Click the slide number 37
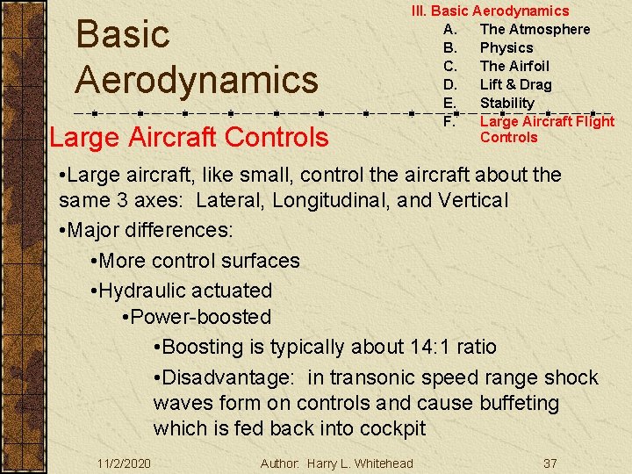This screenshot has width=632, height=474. [550, 463]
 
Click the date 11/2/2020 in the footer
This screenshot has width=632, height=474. [124, 463]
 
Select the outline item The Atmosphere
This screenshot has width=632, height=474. [535, 29]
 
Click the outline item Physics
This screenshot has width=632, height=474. [506, 47]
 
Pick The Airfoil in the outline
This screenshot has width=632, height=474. [513, 66]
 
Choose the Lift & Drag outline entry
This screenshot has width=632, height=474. [515, 84]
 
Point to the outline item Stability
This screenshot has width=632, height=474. [506, 103]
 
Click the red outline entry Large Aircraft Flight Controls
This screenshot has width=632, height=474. [546, 129]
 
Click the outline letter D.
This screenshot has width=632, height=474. [450, 84]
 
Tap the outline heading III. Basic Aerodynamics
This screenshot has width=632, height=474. [491, 11]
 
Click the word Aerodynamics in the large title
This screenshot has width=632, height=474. [197, 79]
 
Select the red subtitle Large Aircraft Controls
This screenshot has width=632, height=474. [189, 137]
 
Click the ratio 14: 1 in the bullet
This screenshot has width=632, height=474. [438, 347]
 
